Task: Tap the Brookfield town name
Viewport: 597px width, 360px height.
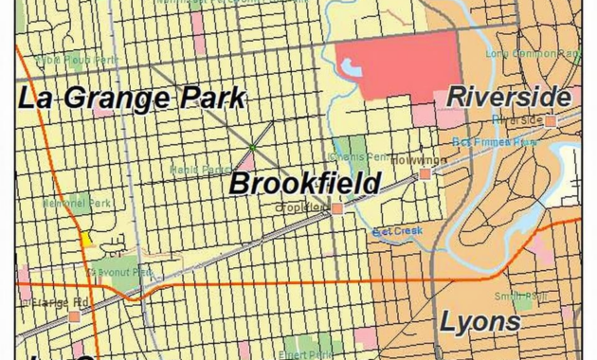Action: (x=305, y=183)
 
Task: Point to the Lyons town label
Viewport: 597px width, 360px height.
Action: (x=480, y=321)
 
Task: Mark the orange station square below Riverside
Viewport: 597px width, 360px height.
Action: (x=550, y=120)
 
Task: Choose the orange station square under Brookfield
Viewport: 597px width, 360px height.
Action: (x=337, y=207)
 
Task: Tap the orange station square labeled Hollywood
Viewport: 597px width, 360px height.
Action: (x=425, y=173)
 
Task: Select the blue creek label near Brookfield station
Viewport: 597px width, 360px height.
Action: (x=397, y=230)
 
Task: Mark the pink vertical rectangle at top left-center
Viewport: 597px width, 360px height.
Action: (x=198, y=42)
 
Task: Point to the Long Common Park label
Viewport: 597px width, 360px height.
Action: (x=545, y=54)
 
